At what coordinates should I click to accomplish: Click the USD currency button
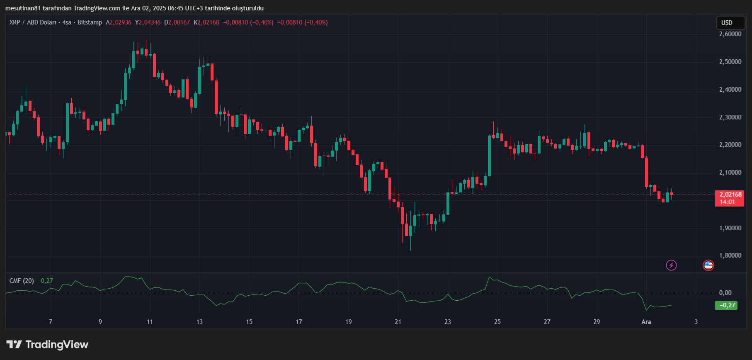click(x=730, y=23)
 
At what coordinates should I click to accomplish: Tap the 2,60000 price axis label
click(x=730, y=34)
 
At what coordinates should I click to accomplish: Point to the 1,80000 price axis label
click(x=730, y=255)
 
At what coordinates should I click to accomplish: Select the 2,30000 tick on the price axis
click(x=730, y=117)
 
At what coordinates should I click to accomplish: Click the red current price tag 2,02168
click(x=729, y=198)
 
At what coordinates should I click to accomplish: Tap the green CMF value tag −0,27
click(x=726, y=305)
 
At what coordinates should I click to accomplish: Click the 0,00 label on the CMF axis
click(x=725, y=293)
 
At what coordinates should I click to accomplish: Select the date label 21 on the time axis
click(x=398, y=322)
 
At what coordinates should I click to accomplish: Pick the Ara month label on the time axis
click(x=646, y=322)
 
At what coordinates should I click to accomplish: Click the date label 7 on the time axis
click(x=51, y=322)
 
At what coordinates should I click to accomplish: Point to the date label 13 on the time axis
click(x=199, y=322)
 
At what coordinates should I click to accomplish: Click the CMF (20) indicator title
click(x=22, y=281)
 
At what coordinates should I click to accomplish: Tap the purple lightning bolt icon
click(x=671, y=265)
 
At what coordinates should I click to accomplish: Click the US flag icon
click(x=708, y=265)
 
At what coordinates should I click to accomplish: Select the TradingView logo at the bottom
click(x=48, y=345)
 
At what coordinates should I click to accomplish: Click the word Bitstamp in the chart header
click(x=90, y=22)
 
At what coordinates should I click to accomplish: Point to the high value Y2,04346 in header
click(x=148, y=22)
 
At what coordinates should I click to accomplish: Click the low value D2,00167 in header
click(x=177, y=22)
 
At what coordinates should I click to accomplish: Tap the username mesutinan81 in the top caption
click(x=23, y=8)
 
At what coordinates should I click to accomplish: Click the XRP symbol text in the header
click(x=15, y=22)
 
